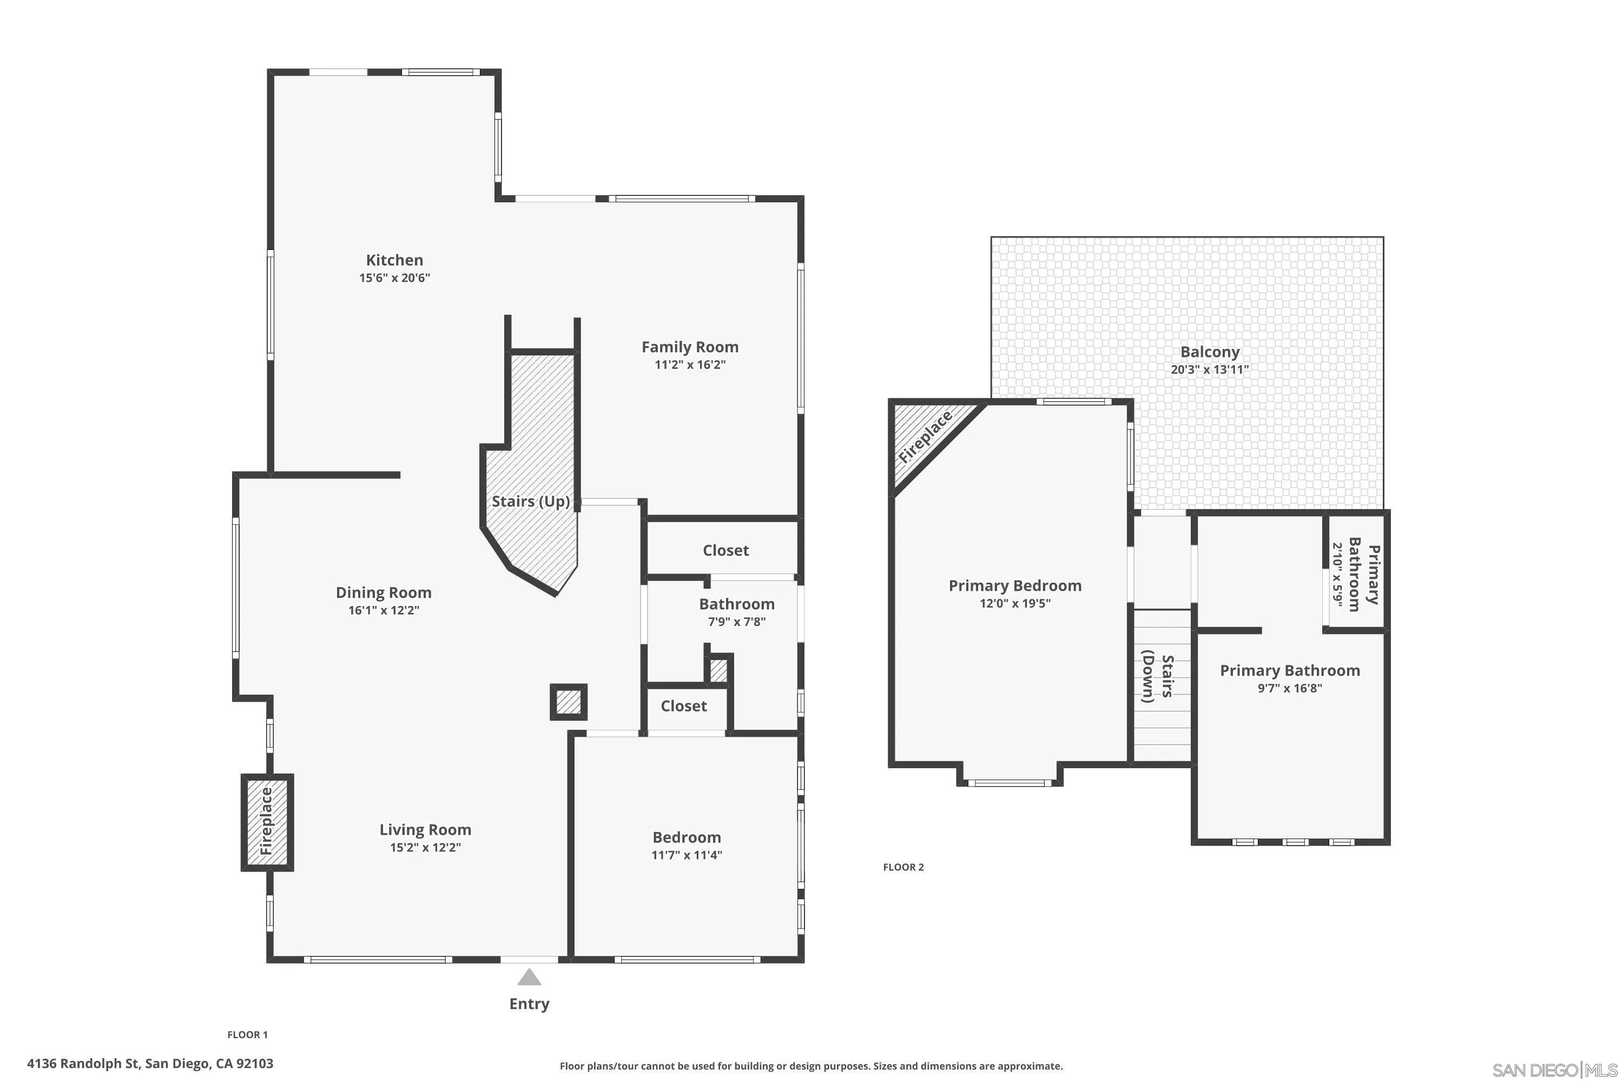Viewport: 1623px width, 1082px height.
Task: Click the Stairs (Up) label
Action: [x=530, y=501]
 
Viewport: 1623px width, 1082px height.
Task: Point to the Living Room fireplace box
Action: [x=267, y=822]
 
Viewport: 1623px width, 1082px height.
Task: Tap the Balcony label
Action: [x=1210, y=352]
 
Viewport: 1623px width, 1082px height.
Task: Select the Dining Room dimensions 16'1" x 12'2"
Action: [x=384, y=610]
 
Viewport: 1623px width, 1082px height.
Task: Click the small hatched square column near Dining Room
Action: [x=568, y=702]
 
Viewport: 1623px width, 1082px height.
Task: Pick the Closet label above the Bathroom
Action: [x=725, y=550]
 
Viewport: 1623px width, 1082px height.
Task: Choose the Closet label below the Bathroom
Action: [x=683, y=706]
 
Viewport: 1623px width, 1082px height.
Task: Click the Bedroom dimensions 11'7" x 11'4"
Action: [x=687, y=855]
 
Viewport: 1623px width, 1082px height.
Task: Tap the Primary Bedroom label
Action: [x=1014, y=586]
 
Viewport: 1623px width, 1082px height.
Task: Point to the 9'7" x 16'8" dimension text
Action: [x=1289, y=688]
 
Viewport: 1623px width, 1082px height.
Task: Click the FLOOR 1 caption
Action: [x=247, y=1034]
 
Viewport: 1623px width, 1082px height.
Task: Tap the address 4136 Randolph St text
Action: [x=150, y=1064]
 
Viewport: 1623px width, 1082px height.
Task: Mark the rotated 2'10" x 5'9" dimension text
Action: [x=1337, y=574]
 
